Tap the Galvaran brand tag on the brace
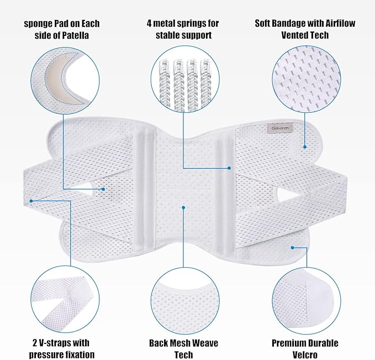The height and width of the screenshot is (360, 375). pyautogui.click(x=281, y=128)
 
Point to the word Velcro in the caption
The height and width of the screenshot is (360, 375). pyautogui.click(x=305, y=354)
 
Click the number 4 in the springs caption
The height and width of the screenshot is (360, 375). pyautogui.click(x=149, y=23)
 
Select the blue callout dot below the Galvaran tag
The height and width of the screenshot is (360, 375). pyautogui.click(x=305, y=147)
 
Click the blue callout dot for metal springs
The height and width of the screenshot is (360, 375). pyautogui.click(x=229, y=168)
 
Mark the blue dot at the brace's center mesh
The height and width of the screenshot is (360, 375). pyautogui.click(x=183, y=207)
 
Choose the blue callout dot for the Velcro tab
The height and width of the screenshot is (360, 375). pyautogui.click(x=292, y=248)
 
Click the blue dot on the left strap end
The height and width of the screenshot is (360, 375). pyautogui.click(x=31, y=201)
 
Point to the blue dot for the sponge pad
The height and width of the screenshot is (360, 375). pyautogui.click(x=103, y=189)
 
